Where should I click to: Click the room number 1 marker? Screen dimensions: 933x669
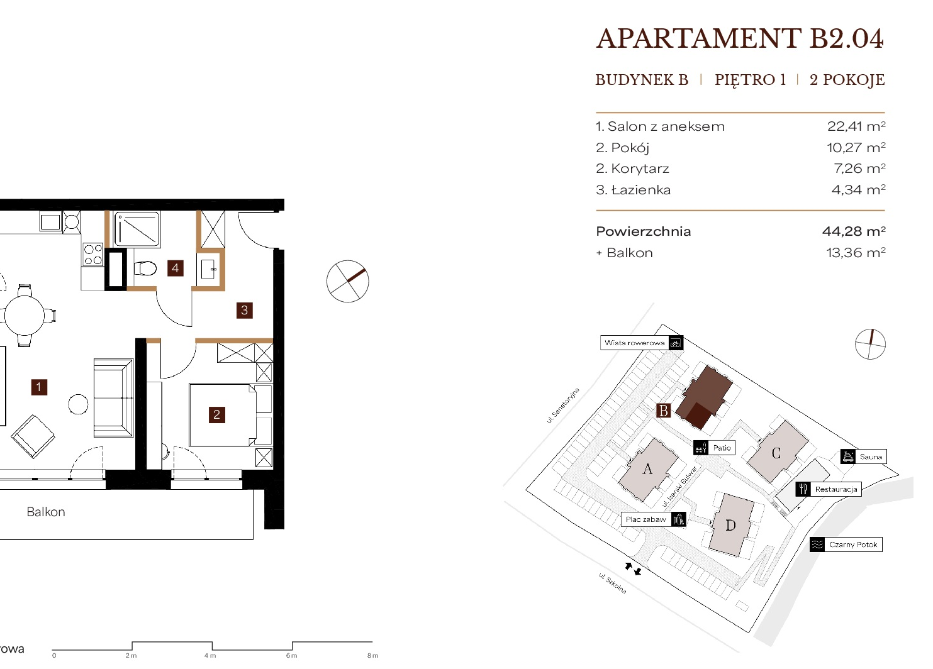click(x=39, y=387)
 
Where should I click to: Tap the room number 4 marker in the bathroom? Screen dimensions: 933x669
click(x=176, y=268)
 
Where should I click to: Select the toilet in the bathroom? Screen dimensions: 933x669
click(x=145, y=268)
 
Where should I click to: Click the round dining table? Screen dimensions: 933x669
click(x=24, y=315)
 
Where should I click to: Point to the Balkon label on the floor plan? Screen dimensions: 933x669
click(x=46, y=512)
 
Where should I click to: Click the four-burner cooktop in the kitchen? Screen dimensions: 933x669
click(x=93, y=255)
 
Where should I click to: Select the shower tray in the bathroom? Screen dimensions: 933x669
click(x=137, y=229)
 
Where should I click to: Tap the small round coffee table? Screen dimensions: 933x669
click(x=78, y=404)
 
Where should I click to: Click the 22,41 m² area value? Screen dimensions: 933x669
click(x=856, y=126)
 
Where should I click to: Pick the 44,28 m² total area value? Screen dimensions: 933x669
click(x=854, y=231)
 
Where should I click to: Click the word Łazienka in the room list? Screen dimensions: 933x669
click(x=641, y=190)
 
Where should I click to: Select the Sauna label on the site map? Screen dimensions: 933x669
click(x=871, y=456)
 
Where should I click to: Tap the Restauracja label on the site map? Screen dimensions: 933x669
click(x=836, y=489)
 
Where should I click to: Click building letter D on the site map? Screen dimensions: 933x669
click(x=730, y=526)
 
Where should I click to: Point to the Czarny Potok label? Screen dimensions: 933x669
click(x=853, y=545)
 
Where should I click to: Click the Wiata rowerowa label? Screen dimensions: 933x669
click(x=634, y=343)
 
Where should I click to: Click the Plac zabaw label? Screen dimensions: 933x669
click(x=645, y=519)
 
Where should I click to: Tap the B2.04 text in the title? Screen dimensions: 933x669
click(x=847, y=39)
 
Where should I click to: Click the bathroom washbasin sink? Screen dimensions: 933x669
click(x=208, y=269)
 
